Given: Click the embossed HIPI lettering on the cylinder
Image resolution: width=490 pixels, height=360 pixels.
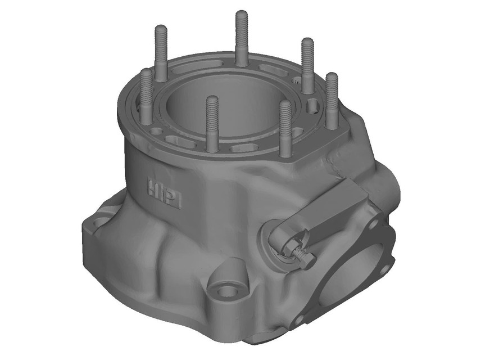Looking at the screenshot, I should point(164,192).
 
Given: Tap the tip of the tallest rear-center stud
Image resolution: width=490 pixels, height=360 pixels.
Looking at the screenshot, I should point(242,15).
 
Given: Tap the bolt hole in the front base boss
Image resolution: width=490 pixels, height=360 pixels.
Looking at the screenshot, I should point(227,291).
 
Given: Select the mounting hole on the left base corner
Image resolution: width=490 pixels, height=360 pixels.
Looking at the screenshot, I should point(101,222).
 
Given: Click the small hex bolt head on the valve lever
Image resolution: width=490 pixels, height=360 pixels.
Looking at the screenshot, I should point(306,257).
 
